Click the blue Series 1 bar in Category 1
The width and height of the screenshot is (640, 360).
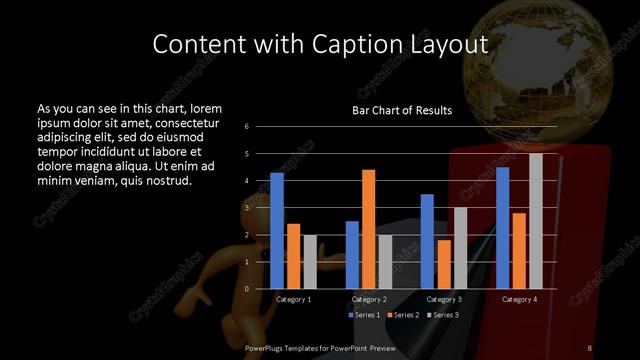coord(277,231)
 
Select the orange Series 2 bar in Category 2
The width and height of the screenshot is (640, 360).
coord(368,229)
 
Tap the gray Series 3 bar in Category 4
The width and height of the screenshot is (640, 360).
coord(536,221)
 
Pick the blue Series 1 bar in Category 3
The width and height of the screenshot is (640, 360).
coord(427,241)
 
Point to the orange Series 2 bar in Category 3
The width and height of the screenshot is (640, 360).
coord(443,264)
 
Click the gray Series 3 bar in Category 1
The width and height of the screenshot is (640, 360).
coord(309,262)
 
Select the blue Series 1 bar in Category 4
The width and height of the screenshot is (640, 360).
coord(502,228)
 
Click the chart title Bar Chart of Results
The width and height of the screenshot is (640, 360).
coord(402,110)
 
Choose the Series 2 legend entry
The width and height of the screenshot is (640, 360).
coord(404,315)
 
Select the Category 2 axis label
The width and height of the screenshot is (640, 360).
coord(368,299)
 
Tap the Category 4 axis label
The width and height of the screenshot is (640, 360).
coord(518,299)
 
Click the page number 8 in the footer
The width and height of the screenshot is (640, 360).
coord(590,347)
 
